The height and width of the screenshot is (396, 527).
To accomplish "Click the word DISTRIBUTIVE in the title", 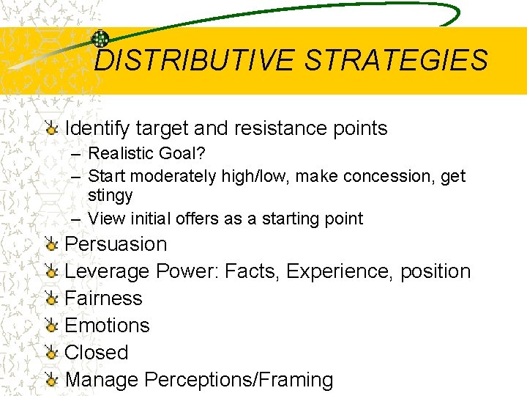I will click(195, 60).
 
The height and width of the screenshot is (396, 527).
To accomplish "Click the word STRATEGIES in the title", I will click(396, 60).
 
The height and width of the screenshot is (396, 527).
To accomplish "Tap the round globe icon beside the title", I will click(100, 40).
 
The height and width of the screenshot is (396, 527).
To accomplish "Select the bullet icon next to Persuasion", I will click(51, 244).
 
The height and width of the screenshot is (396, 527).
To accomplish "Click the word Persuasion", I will click(116, 244).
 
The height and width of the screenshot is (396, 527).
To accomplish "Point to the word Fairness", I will click(103, 298).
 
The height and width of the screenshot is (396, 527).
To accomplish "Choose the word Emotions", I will click(107, 326).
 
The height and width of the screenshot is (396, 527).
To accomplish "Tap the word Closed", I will click(96, 353).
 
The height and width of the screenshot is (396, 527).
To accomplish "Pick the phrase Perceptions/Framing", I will click(239, 380).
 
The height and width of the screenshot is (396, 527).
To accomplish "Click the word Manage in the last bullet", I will click(101, 380).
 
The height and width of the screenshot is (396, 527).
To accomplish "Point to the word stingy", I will click(110, 196).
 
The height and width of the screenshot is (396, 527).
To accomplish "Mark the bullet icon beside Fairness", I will click(51, 298).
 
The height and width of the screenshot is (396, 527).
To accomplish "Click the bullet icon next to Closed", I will click(51, 353).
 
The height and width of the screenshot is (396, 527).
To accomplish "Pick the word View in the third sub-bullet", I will click(101, 219).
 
